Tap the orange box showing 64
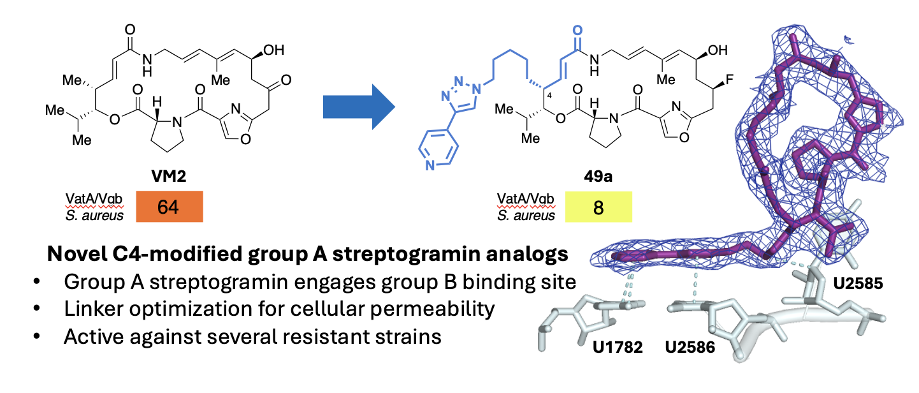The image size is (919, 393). (x=168, y=209)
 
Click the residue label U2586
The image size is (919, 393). (x=691, y=348)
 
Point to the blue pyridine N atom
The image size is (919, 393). (x=430, y=167)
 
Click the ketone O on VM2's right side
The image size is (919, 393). (x=286, y=80)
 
